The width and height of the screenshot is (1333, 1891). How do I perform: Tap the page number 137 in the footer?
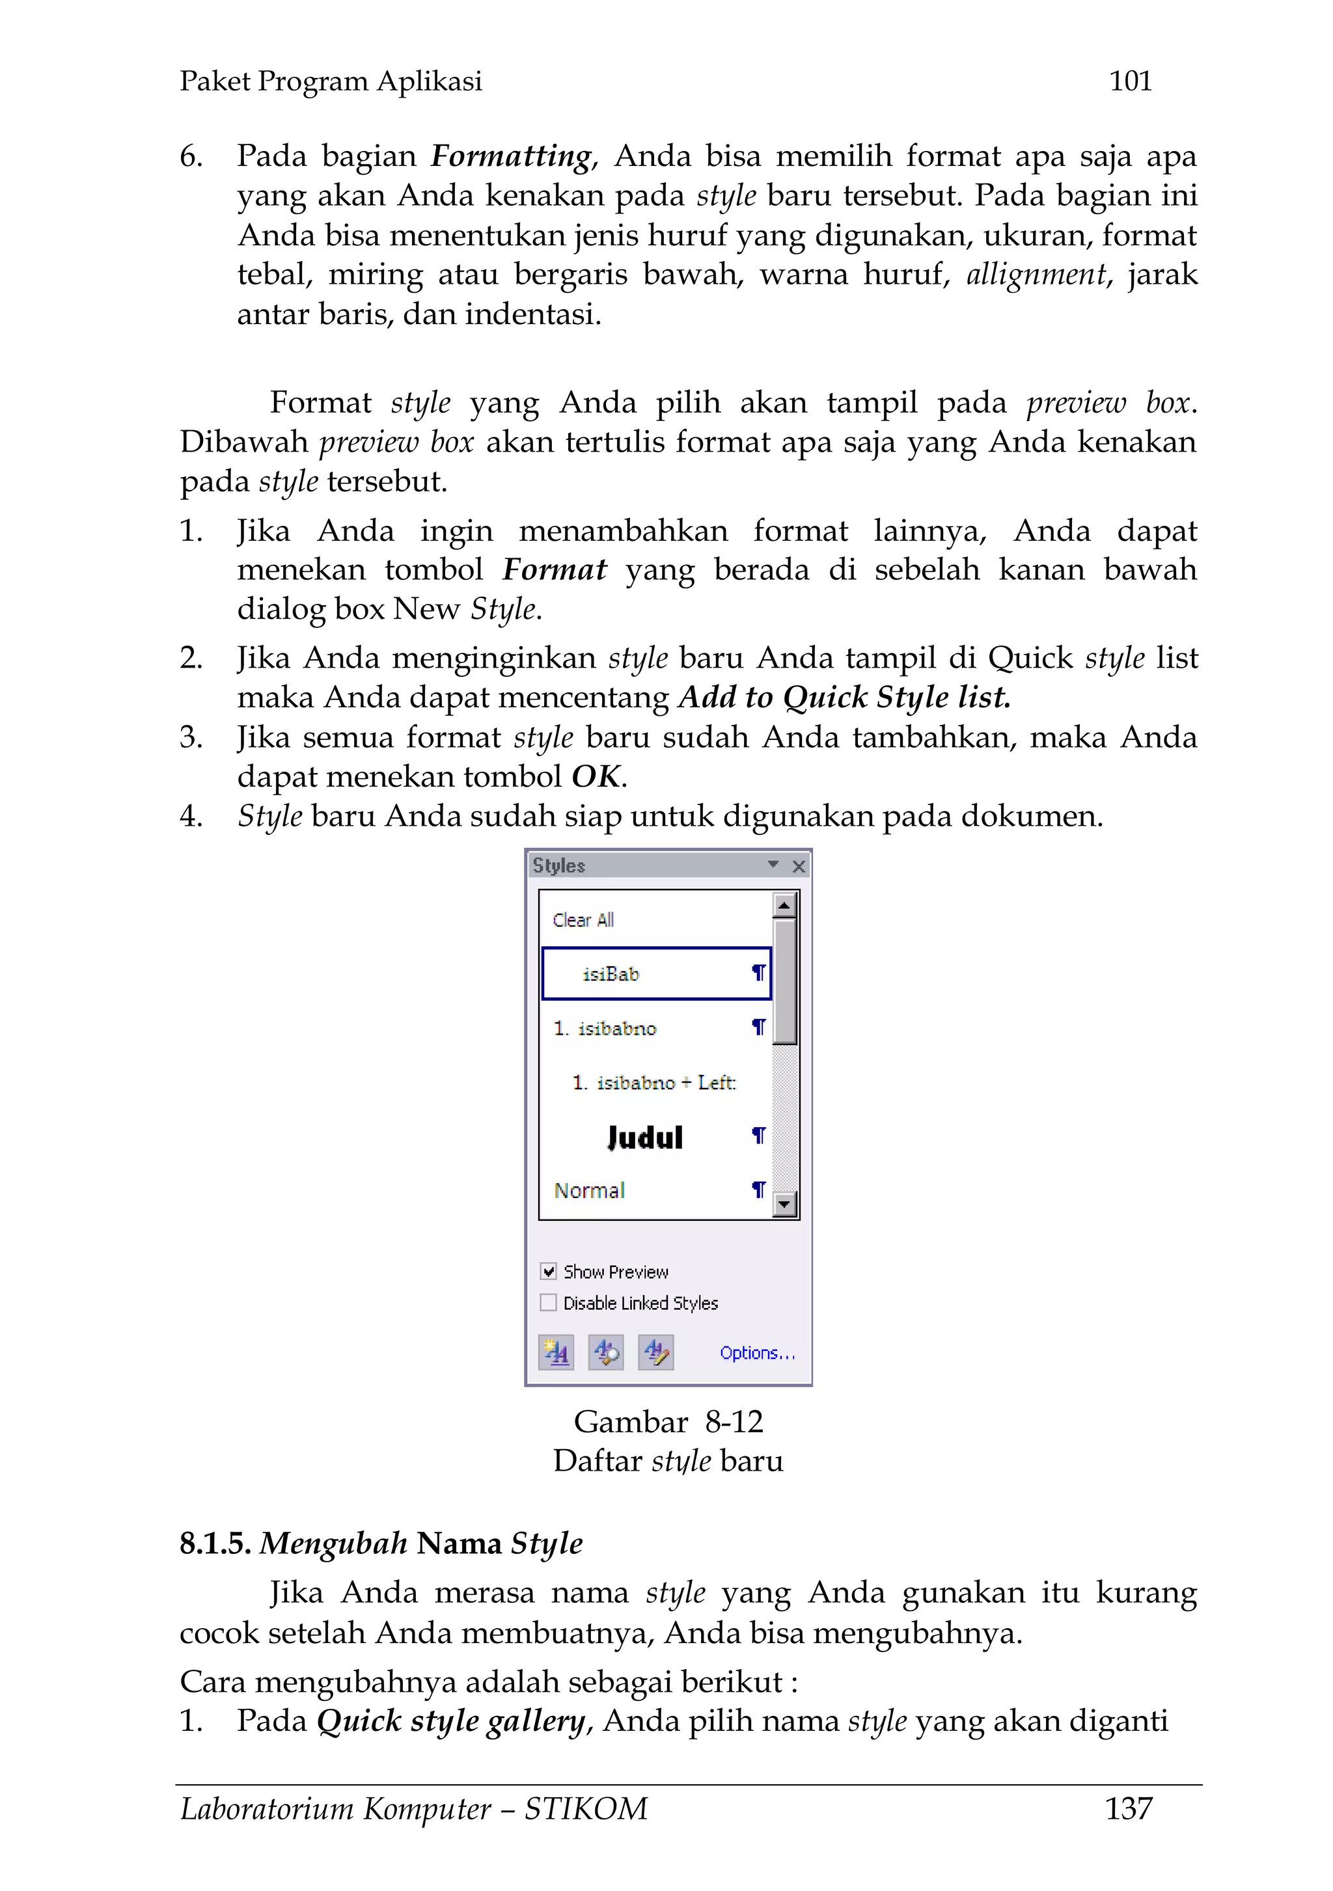coord(1128,1808)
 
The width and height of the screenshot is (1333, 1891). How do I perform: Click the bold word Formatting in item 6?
coord(511,156)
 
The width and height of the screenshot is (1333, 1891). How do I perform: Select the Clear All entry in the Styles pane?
coord(583,920)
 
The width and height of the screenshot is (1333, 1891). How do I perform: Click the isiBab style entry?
coord(611,974)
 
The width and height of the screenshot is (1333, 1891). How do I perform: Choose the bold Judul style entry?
coord(644,1137)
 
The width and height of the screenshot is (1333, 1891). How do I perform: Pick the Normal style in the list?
coord(589,1190)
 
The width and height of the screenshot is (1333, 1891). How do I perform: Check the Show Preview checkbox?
coord(549,1272)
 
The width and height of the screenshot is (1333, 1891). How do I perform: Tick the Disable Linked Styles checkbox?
coord(549,1303)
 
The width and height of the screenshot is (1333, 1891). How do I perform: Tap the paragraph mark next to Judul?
coord(758,1137)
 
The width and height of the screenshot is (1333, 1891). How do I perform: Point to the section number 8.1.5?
coord(214,1544)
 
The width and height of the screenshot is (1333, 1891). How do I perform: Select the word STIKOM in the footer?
coord(586,1808)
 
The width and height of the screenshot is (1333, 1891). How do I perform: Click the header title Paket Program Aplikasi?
coord(331,81)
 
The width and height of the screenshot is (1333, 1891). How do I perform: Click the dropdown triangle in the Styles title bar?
coord(773,865)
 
